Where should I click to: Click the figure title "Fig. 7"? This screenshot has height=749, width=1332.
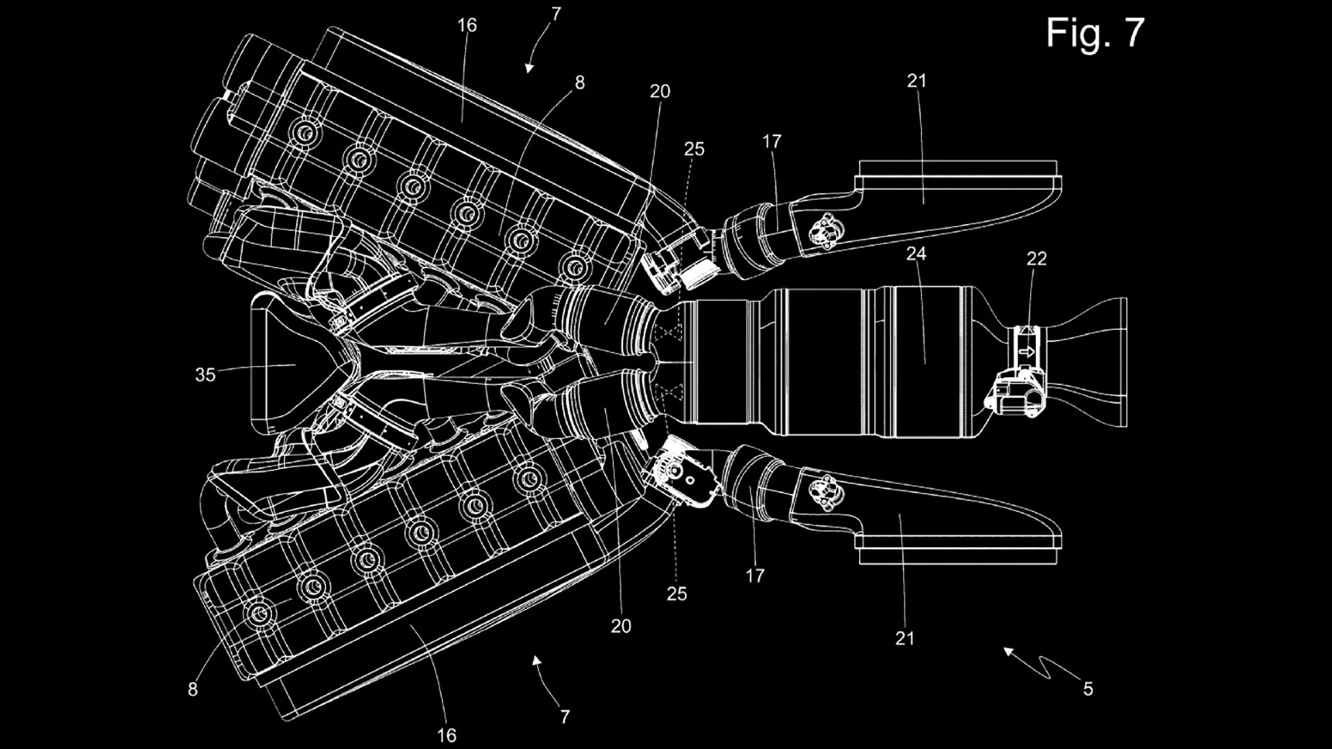[1095, 33]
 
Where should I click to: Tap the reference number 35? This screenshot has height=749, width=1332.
[205, 375]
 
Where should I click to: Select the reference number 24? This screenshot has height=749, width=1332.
[916, 254]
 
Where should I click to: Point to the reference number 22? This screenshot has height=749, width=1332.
[1036, 259]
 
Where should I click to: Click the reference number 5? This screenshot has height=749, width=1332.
[1088, 689]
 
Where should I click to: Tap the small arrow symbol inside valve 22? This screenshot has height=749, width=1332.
[1027, 352]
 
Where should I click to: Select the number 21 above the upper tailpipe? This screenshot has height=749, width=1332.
[916, 81]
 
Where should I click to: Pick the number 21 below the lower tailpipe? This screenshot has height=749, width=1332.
[905, 638]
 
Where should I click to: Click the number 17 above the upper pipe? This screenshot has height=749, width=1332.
[771, 142]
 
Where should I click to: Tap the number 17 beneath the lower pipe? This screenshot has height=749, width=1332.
[755, 576]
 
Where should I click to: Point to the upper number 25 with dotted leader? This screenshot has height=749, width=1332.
[694, 149]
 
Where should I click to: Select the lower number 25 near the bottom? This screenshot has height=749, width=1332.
[676, 594]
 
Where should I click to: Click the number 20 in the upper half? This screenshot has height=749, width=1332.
[660, 92]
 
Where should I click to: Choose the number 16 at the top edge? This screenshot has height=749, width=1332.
[467, 26]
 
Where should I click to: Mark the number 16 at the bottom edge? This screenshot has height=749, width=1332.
[447, 735]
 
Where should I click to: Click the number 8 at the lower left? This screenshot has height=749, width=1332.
[192, 689]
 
